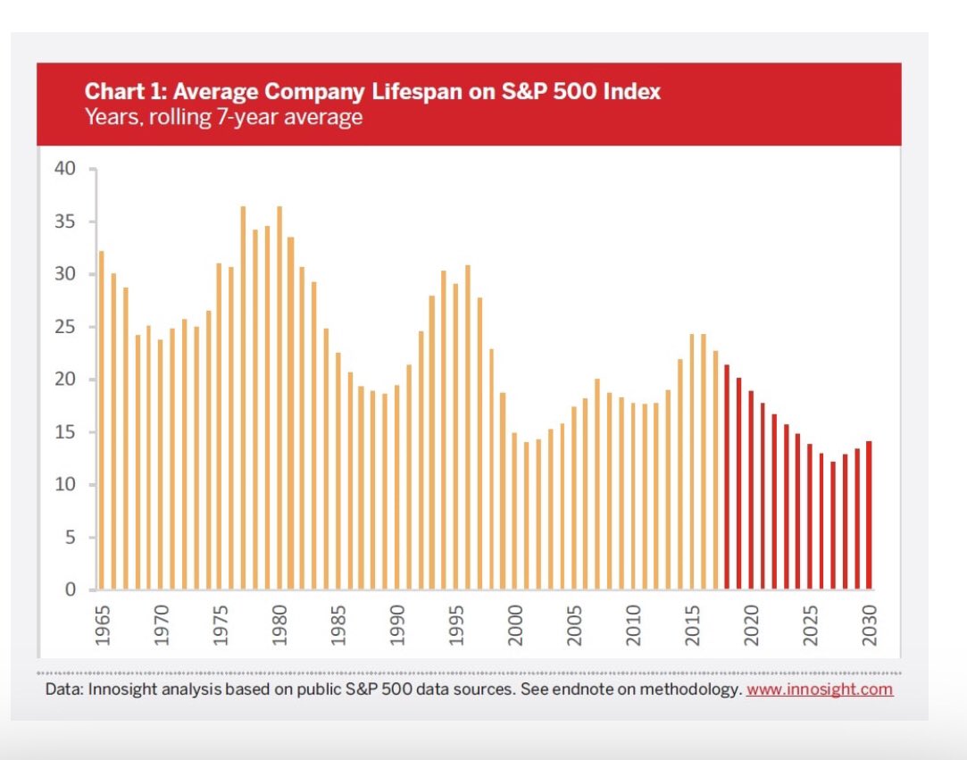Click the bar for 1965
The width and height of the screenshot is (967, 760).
coord(101,420)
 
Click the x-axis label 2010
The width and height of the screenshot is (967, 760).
coord(633,625)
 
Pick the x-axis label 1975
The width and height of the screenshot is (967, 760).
coord(221,625)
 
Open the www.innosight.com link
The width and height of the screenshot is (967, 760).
coord(819,689)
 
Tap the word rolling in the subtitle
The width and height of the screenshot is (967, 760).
coord(177,117)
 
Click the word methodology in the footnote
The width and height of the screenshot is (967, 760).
coord(688,689)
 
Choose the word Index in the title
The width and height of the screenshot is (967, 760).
coord(632,91)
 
